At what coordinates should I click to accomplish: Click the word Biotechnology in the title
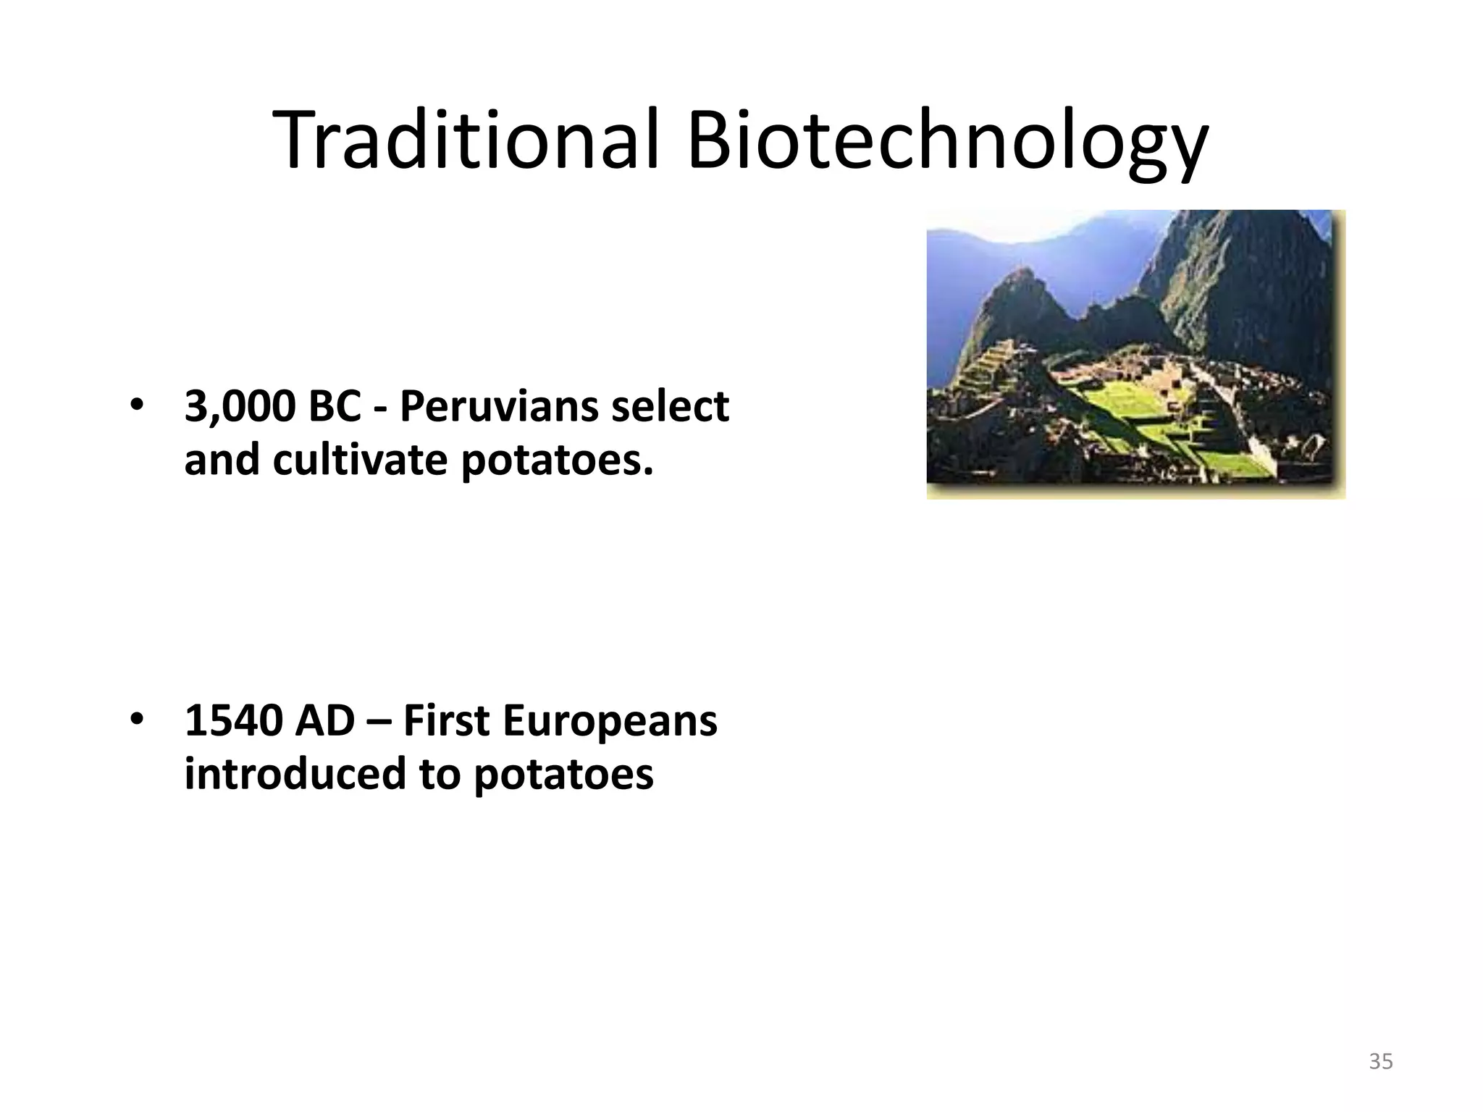coord(947,141)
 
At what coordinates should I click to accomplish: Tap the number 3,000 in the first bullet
coord(240,406)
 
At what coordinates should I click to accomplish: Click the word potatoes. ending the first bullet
coord(557,461)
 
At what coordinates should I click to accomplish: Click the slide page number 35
coord(1381,1061)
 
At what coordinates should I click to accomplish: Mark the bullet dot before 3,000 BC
coord(135,406)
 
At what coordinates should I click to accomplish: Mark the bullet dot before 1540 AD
coord(135,720)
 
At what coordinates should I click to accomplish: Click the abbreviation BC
coord(334,406)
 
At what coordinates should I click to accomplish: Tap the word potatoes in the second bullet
coord(564,775)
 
